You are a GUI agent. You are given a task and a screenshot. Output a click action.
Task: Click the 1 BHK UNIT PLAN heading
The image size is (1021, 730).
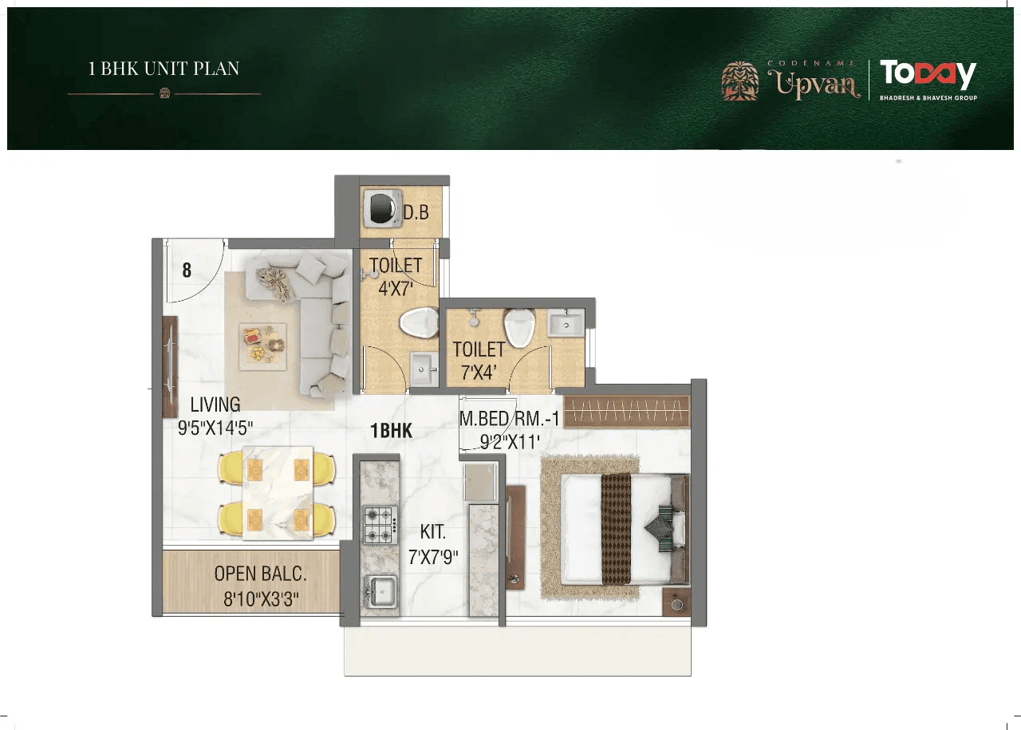point(164,69)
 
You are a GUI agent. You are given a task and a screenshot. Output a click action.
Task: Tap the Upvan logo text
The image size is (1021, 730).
point(813,82)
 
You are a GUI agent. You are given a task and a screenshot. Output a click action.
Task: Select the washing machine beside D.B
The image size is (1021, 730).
point(380,209)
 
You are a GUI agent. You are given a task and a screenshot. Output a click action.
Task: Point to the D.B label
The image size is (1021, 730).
point(416,213)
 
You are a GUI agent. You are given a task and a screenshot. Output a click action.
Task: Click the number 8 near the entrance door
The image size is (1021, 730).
point(187,270)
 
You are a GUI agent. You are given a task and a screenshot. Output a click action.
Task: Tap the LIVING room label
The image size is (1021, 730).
point(215,404)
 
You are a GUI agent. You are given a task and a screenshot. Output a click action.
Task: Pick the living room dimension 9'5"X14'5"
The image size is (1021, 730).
point(215,428)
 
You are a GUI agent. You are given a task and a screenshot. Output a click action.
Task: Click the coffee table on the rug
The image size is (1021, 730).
point(262,344)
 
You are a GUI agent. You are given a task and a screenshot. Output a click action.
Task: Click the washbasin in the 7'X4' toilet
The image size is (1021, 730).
point(566,322)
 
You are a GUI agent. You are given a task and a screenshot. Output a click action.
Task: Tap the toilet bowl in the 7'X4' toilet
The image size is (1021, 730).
point(519,328)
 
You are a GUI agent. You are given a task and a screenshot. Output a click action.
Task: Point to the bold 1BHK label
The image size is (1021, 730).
point(391,431)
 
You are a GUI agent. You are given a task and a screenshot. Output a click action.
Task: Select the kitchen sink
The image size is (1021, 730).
point(381,591)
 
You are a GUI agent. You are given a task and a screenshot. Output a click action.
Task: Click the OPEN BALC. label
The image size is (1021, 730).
point(260,574)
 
